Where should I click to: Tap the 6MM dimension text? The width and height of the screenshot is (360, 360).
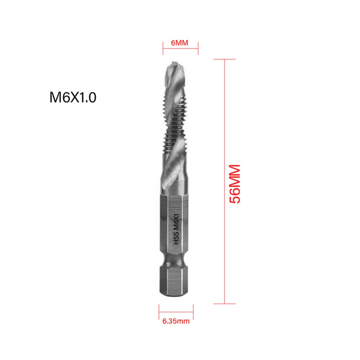click(x=180, y=43)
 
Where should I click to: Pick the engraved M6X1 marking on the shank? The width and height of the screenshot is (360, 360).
click(x=176, y=220)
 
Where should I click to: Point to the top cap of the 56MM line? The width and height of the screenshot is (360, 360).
click(x=224, y=59)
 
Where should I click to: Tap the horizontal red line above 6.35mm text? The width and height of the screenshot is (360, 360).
click(x=176, y=312)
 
